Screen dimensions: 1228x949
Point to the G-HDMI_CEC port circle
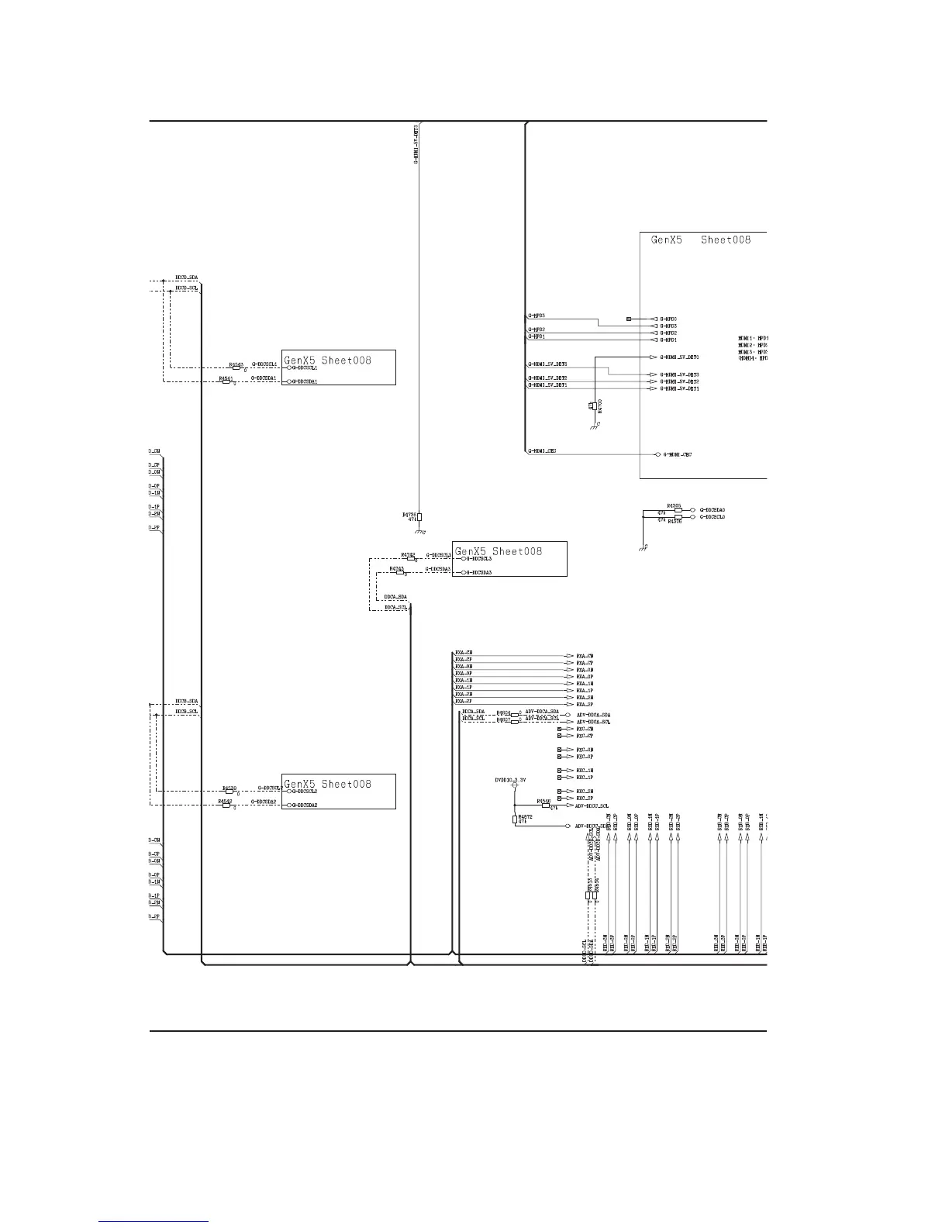pyautogui.click(x=657, y=454)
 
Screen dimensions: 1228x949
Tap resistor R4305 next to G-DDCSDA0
pyautogui.click(x=678, y=510)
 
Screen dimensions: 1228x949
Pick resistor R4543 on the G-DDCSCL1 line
pyautogui.click(x=237, y=367)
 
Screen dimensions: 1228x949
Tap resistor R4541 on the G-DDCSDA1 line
pyautogui.click(x=226, y=381)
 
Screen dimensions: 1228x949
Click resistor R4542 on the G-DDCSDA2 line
pyautogui.click(x=226, y=805)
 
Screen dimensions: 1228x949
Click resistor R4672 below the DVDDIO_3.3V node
pyautogui.click(x=514, y=819)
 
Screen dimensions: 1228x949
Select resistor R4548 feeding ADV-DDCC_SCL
pyautogui.click(x=546, y=805)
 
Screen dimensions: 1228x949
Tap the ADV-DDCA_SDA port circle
pyautogui.click(x=568, y=715)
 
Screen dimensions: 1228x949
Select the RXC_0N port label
pyautogui.click(x=584, y=750)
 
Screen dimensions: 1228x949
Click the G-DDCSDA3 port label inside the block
pyautogui.click(x=478, y=572)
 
